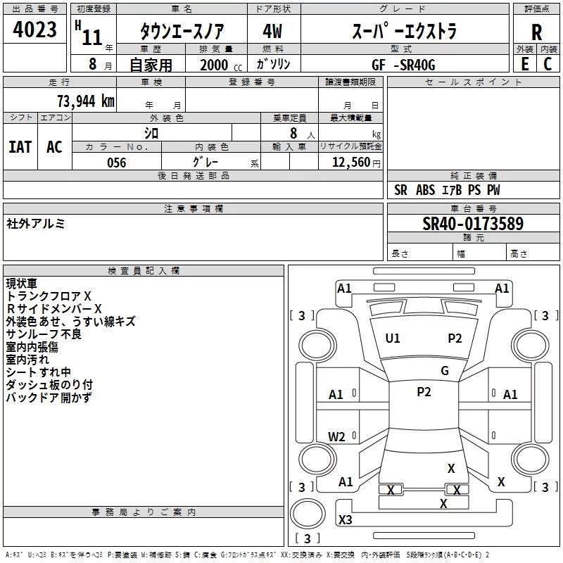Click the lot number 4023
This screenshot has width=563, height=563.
click(x=35, y=30)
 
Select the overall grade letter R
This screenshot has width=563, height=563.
click(x=536, y=32)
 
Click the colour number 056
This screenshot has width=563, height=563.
click(x=116, y=163)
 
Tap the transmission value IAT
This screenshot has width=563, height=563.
click(x=20, y=146)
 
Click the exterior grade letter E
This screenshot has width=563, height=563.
click(x=524, y=64)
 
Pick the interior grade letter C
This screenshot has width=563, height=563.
click(x=548, y=64)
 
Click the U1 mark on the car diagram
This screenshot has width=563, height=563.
click(x=393, y=339)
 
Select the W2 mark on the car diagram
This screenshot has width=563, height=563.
click(x=337, y=437)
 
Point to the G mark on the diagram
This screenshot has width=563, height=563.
click(x=445, y=370)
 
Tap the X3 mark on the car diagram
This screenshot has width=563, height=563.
click(x=346, y=519)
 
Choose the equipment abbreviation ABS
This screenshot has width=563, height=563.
click(x=425, y=190)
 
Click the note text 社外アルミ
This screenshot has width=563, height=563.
click(x=35, y=224)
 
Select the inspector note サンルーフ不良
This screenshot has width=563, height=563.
click(x=44, y=334)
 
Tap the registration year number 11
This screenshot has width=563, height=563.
click(x=92, y=37)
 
